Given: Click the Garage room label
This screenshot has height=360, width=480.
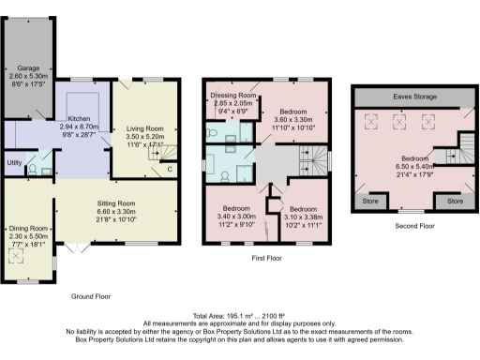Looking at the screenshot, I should pos(25,68).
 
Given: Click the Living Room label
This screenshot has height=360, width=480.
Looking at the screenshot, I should pos(144,128).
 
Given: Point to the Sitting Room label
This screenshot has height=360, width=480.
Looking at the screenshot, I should pos(117,202).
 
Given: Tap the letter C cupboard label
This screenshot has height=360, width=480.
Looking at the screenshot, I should pos(169,170).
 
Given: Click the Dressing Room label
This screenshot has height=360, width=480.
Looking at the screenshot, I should pos(233,96).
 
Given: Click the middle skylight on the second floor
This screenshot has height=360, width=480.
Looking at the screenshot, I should pos(400,120).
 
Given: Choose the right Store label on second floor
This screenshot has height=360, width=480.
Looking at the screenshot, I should pos(455,201).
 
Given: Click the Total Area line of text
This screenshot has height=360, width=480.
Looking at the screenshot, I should pos(239,317).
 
